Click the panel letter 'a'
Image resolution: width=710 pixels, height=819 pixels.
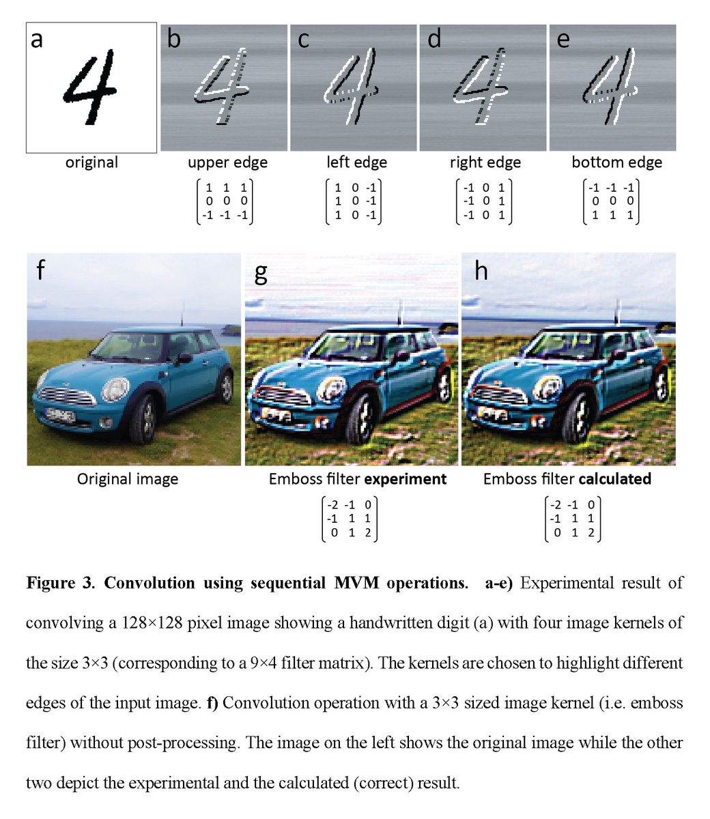point(37,40)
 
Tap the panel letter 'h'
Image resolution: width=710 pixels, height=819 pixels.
point(481,271)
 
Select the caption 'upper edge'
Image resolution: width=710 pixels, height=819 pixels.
point(227,162)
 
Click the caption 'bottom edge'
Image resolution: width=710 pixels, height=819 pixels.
point(616,162)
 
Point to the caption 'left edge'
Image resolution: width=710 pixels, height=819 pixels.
point(356,162)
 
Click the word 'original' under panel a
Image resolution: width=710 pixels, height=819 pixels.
point(91,162)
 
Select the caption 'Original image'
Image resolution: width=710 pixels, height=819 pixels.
point(127,479)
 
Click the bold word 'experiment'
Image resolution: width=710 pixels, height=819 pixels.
point(405,479)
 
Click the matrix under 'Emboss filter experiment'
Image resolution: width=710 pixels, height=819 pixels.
point(350,519)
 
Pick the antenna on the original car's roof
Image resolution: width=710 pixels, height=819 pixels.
point(182,317)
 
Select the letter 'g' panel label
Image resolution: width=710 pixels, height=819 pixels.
point(260,272)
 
